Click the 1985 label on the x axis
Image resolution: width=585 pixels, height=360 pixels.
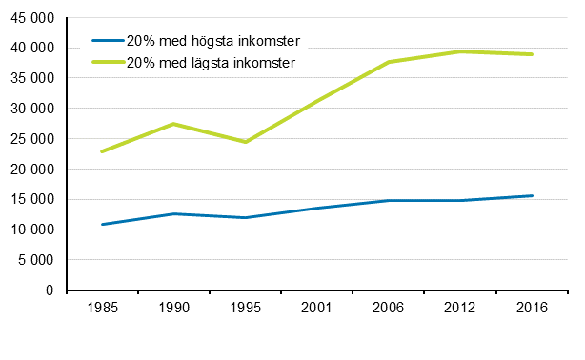coord(101,310)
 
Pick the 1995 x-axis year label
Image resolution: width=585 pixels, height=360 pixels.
coord(245,310)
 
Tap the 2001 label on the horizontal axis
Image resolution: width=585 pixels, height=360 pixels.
coord(316,310)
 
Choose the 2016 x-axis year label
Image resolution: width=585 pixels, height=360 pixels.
coord(532,310)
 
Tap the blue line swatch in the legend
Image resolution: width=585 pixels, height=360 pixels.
coord(107,42)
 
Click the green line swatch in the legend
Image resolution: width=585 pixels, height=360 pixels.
coord(107,63)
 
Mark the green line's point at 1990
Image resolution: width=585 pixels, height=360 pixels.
coord(173,124)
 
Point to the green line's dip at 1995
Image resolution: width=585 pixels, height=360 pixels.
coord(245,142)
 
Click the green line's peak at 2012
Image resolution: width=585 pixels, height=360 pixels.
coord(460,51)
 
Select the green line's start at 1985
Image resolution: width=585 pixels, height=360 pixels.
coord(101,151)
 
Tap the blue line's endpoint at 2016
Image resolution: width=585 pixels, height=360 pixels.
coord(532,196)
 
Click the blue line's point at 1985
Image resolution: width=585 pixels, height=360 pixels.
coord(101,225)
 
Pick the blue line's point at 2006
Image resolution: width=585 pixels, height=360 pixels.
coord(389,201)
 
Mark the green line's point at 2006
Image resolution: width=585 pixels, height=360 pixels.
coord(389,62)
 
